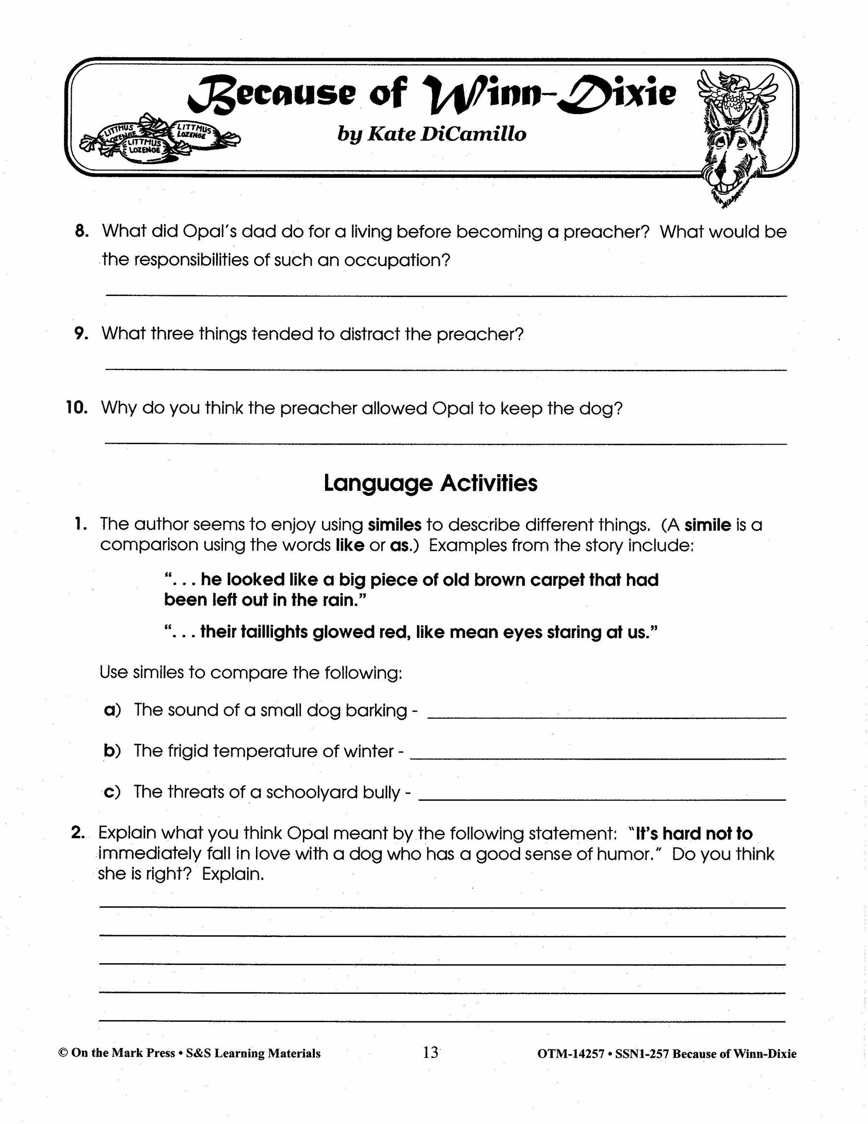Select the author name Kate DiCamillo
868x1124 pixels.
click(x=431, y=134)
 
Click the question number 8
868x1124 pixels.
click(x=82, y=232)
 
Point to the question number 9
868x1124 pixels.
click(x=82, y=333)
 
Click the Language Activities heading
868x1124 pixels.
click(x=431, y=483)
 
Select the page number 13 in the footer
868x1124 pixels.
click(x=431, y=1052)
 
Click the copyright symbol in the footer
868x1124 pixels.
click(x=63, y=1053)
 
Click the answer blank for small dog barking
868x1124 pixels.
click(x=607, y=716)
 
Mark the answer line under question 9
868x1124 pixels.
click(x=446, y=369)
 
